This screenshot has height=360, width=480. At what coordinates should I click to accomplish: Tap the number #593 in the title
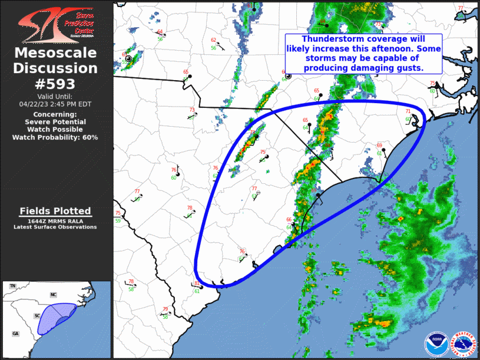55,83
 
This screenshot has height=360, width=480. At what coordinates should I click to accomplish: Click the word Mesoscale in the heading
55,53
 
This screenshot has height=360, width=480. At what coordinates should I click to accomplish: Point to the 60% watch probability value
90,137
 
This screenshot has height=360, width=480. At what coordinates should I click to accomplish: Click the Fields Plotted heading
55,211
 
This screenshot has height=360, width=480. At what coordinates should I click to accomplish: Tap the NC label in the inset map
53,294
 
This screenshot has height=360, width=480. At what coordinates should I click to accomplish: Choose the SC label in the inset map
37,316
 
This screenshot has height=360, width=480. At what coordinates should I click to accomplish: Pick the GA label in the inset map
15,333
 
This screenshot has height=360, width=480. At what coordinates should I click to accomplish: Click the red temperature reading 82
197,283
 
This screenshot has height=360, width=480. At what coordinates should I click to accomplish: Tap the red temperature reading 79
165,309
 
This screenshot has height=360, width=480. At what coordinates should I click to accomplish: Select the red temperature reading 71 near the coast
408,111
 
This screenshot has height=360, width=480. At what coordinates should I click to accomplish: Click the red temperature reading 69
379,146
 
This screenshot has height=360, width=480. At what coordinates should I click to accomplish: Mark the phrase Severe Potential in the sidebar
55,121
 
